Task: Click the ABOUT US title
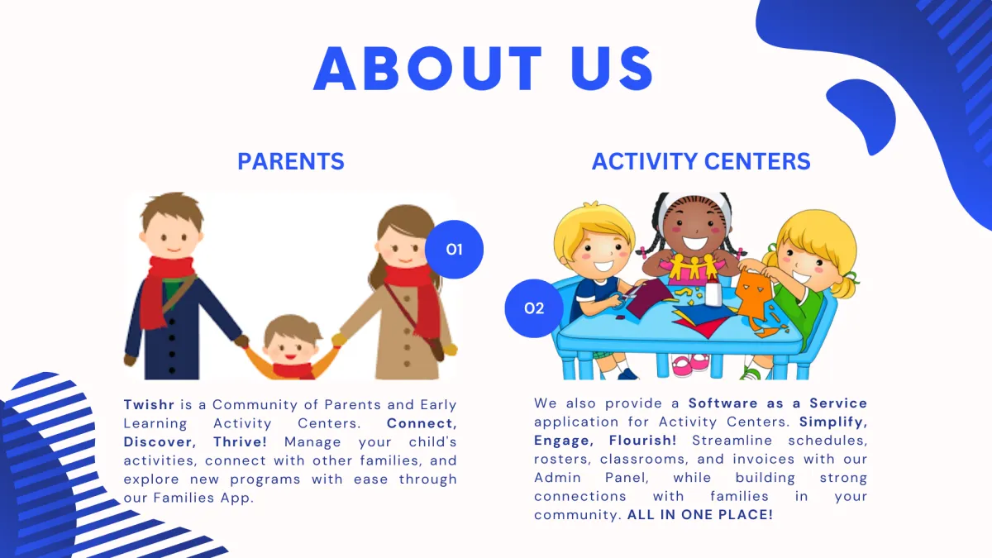click(x=483, y=68)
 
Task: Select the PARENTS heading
click(x=291, y=161)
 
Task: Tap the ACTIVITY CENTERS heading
click(x=701, y=161)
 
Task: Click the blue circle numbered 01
click(x=454, y=250)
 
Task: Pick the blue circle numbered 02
click(x=534, y=308)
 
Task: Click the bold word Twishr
click(x=149, y=404)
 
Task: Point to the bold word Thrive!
click(x=240, y=441)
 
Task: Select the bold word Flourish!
click(x=642, y=440)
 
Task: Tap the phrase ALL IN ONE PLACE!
click(x=700, y=514)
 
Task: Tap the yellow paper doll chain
click(x=694, y=266)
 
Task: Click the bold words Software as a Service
click(x=778, y=403)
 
